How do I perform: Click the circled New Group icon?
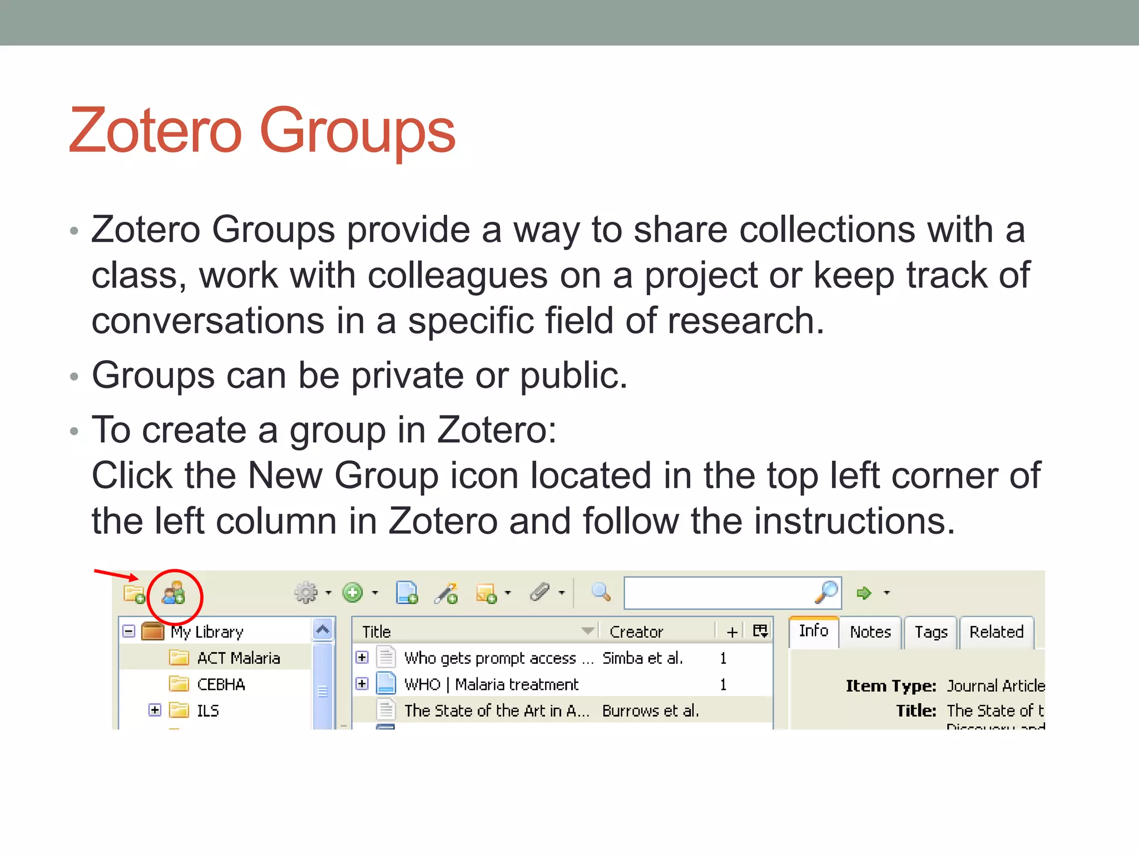(x=173, y=594)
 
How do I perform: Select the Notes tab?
(x=870, y=632)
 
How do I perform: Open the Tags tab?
(x=930, y=632)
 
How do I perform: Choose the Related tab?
(x=996, y=632)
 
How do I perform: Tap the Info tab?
(x=813, y=631)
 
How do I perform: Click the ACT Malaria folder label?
(x=239, y=658)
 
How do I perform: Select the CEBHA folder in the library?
(x=221, y=684)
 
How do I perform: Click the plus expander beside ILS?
(x=155, y=710)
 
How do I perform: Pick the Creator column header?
(x=636, y=632)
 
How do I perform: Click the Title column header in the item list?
(x=377, y=632)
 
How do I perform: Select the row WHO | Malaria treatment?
(x=491, y=684)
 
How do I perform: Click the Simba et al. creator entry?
(x=642, y=658)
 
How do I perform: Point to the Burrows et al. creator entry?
(x=650, y=711)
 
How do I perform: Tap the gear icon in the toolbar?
(x=305, y=593)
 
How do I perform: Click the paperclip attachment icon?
(x=539, y=593)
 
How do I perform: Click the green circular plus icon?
(x=353, y=593)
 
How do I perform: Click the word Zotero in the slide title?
(x=155, y=131)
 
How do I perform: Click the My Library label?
(x=207, y=632)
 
